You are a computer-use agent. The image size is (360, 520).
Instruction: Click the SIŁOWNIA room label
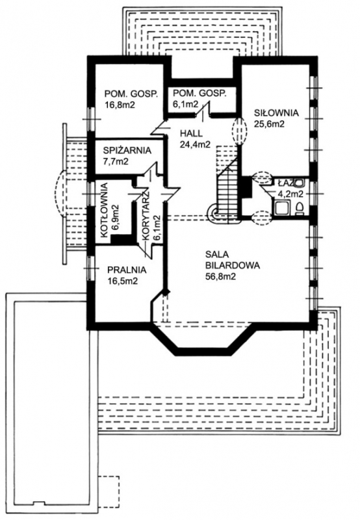click(x=276, y=112)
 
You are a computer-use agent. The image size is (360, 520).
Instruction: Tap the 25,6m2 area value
click(x=269, y=123)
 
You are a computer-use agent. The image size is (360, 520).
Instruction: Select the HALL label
click(x=191, y=134)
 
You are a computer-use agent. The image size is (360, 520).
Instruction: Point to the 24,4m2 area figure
click(x=195, y=144)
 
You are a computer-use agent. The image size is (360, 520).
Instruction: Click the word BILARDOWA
click(x=233, y=265)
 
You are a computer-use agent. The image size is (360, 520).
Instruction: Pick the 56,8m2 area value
click(x=220, y=276)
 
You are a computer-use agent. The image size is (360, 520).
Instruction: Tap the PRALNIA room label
click(x=127, y=270)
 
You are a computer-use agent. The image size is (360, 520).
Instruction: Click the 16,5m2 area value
click(x=122, y=281)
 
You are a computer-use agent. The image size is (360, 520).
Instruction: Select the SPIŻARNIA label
click(x=127, y=151)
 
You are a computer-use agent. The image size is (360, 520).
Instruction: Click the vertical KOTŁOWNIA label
click(x=105, y=210)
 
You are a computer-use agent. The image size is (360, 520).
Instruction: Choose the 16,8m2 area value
click(x=120, y=105)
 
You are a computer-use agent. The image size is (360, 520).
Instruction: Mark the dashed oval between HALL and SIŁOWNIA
click(x=239, y=131)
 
